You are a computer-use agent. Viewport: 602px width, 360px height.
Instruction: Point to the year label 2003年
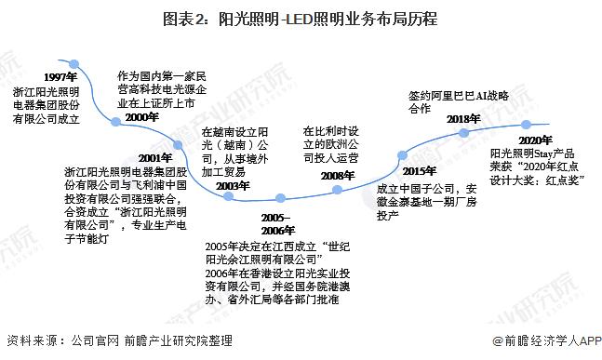point(231,186)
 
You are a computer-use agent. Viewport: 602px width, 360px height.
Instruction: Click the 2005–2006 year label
point(275,223)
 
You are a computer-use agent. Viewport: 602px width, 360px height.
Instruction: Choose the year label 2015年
point(417,170)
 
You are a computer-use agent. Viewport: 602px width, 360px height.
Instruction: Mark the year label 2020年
point(538,138)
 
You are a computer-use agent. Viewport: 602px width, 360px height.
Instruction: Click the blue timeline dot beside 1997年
point(82,66)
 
